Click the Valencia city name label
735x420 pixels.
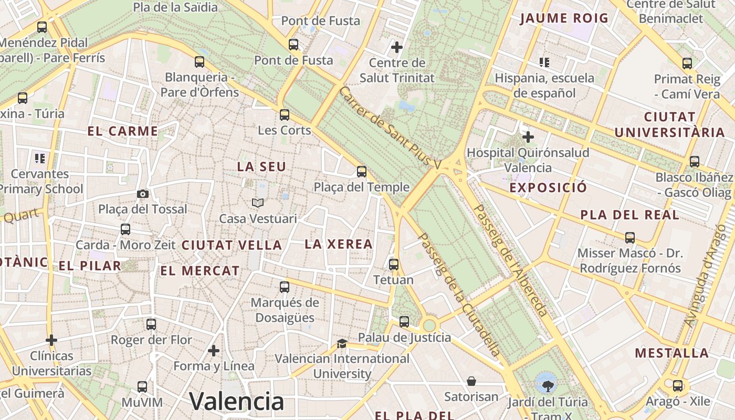click(x=237, y=402)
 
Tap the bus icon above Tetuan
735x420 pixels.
click(x=394, y=264)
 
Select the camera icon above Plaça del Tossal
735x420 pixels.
click(x=142, y=194)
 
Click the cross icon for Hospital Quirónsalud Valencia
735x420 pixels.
click(x=528, y=137)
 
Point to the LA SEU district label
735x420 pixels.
click(x=261, y=167)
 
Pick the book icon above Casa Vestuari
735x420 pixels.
click(x=258, y=203)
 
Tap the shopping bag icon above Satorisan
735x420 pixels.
click(x=471, y=381)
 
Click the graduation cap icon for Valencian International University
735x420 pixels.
click(x=342, y=343)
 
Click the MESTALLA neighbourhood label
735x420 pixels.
click(x=672, y=353)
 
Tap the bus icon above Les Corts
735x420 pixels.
click(x=285, y=114)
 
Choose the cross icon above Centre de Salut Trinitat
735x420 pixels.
click(x=397, y=47)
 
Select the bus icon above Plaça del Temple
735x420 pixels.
click(x=361, y=171)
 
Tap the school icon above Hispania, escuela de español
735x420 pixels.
click(x=544, y=62)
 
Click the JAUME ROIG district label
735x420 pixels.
click(x=564, y=18)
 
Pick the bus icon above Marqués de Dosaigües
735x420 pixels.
click(x=285, y=287)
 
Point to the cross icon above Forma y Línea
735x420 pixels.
click(x=214, y=350)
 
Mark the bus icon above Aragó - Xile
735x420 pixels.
click(x=678, y=386)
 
